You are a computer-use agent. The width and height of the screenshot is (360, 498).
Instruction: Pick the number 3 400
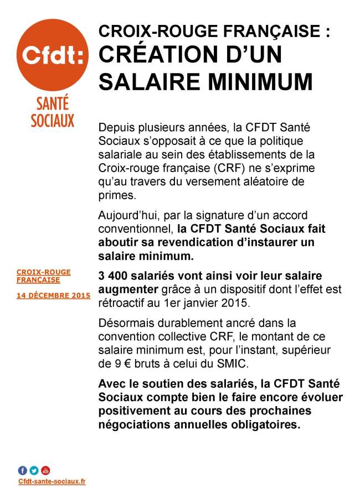coord(114,276)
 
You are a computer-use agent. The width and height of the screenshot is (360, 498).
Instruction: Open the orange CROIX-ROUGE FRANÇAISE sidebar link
coord(44,276)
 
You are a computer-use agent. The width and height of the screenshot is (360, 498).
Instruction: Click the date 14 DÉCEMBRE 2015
coord(53,295)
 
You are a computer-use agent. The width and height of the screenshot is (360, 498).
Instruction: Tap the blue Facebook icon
coord(23,470)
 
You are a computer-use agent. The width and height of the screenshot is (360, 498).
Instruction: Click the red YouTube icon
coord(45,470)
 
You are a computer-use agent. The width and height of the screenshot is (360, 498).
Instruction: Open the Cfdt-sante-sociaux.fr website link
coord(52,481)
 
